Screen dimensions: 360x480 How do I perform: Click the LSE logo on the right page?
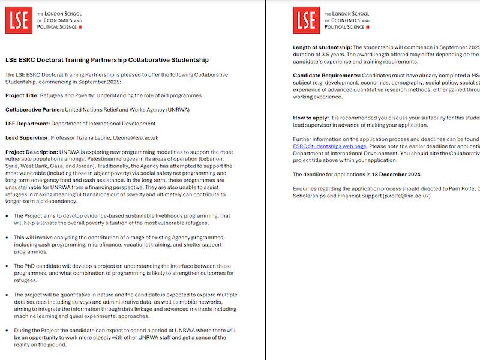[x=306, y=20]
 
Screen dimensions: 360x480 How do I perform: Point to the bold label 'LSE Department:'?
[x=28, y=124]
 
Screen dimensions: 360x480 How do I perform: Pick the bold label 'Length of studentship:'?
[x=322, y=47]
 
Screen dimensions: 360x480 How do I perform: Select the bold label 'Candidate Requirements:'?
[x=326, y=75]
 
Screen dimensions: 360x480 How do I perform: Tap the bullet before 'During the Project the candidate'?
[x=7, y=331]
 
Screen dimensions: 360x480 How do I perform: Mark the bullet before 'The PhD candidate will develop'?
[x=7, y=266]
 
